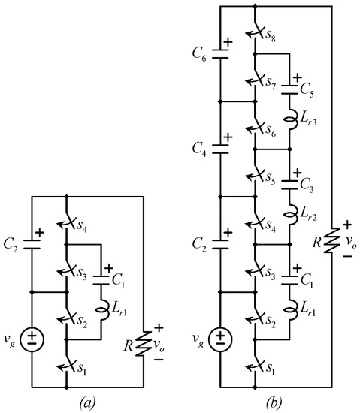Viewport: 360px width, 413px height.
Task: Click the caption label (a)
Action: click(x=89, y=402)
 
